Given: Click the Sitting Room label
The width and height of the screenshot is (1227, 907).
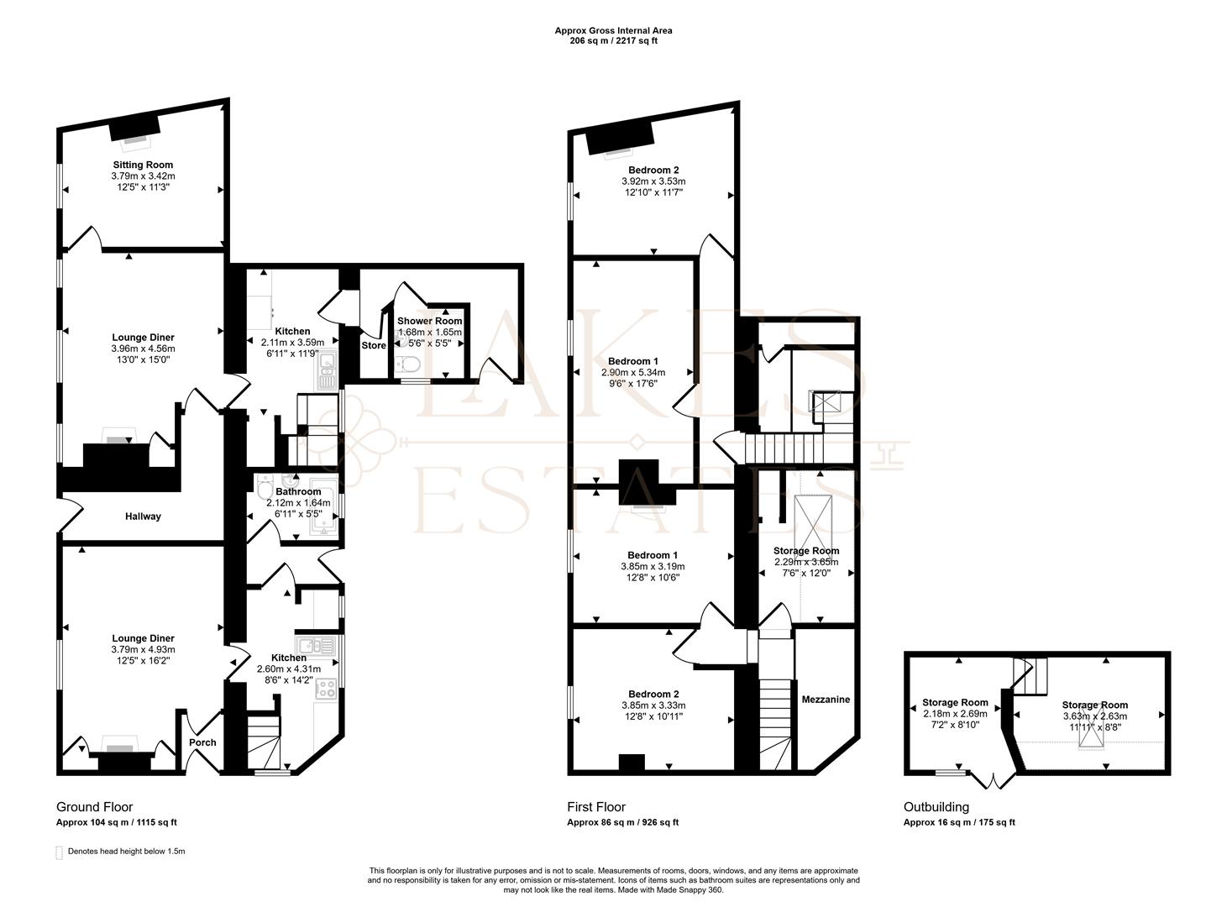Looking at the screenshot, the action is coord(143,165).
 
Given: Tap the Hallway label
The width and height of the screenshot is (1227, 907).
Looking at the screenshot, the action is coord(143,516).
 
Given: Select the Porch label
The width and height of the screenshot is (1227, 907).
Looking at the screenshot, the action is coord(202,742).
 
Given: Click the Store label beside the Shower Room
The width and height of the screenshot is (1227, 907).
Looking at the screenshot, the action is coord(374,345).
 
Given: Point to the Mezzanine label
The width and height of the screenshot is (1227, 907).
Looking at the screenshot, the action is coord(826,700).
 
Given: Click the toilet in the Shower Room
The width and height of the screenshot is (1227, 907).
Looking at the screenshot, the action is coord(409,364).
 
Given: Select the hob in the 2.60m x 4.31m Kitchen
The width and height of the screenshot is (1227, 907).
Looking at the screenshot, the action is coord(326,689).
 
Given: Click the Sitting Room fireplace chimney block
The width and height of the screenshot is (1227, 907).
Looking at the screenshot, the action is coord(134,128).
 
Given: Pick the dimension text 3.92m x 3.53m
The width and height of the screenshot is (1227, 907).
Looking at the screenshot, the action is coord(653,181).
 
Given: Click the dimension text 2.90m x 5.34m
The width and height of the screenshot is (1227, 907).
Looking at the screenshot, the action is coord(633,372).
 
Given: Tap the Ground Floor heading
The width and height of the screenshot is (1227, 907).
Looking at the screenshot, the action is coord(95,807).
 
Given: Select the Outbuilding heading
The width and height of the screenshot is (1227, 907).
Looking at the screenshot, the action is coord(936,807).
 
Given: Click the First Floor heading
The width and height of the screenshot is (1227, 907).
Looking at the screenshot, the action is coord(596,807).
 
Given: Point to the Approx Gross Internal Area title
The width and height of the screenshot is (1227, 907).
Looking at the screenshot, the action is coord(613,31).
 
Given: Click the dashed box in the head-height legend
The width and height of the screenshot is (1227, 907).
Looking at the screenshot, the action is coord(59,852).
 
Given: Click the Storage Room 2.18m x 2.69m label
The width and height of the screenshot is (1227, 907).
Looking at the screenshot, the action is coord(955,713).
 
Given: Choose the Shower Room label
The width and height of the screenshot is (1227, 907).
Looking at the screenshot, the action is coord(430,321).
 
